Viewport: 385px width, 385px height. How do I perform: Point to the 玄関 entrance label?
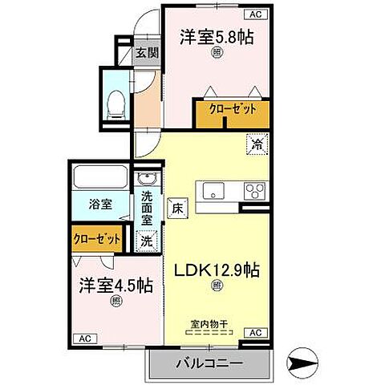[146, 55]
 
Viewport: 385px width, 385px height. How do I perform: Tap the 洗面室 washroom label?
[148, 207]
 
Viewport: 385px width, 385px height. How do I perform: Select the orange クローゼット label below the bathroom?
[97, 239]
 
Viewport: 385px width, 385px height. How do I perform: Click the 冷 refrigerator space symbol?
[257, 144]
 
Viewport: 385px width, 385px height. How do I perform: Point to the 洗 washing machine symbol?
[146, 239]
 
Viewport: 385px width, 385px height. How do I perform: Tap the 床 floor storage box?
[176, 205]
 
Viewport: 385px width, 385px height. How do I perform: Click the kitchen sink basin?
[214, 191]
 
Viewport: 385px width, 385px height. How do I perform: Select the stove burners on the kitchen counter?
[254, 191]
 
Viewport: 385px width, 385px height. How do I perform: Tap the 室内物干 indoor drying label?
[209, 325]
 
